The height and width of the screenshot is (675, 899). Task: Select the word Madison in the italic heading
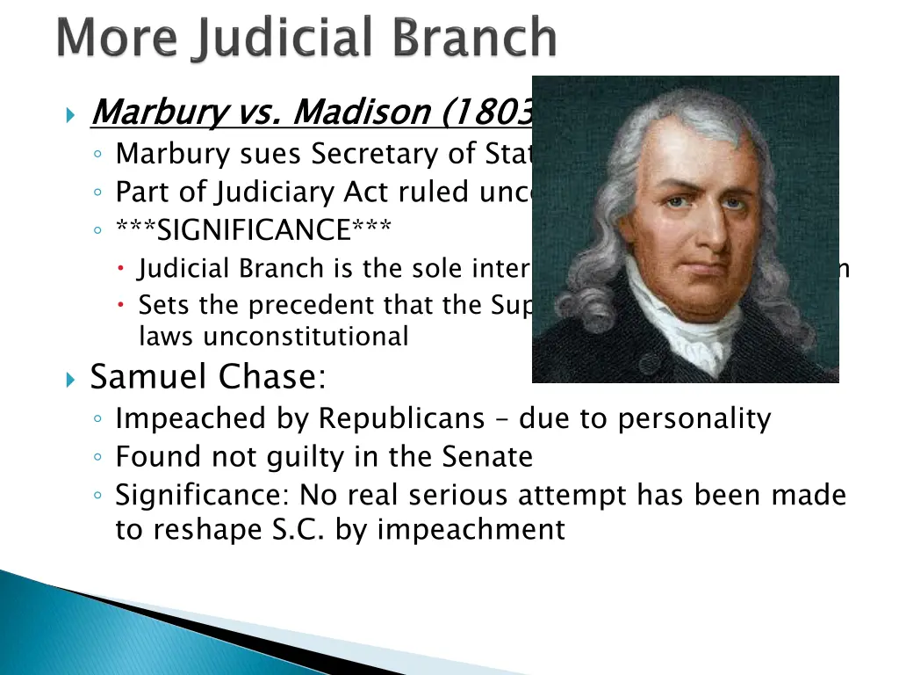(360, 112)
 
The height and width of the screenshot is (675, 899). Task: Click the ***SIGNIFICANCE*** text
(254, 230)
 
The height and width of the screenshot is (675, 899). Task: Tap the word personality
(694, 418)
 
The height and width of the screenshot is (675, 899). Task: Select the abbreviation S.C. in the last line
(301, 530)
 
